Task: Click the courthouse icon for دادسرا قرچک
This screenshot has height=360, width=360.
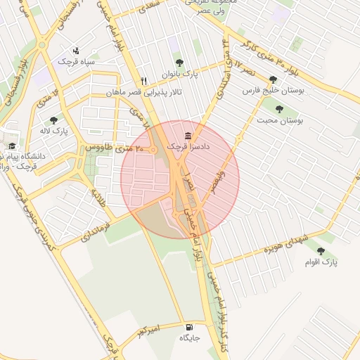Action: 188,136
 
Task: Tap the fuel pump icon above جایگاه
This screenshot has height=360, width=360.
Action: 190,328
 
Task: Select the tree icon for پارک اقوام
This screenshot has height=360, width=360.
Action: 321,251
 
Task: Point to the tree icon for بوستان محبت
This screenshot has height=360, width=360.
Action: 280,109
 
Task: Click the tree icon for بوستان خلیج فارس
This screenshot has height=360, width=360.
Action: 273,79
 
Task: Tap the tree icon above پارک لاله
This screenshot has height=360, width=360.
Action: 53,120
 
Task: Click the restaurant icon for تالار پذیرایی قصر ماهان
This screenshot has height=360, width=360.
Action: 143,81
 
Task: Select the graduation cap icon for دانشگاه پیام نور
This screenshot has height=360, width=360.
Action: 11,146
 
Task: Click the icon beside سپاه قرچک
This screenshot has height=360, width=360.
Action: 76,51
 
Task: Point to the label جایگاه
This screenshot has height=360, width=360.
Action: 190,338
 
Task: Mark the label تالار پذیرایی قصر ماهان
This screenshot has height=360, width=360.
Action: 143,92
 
